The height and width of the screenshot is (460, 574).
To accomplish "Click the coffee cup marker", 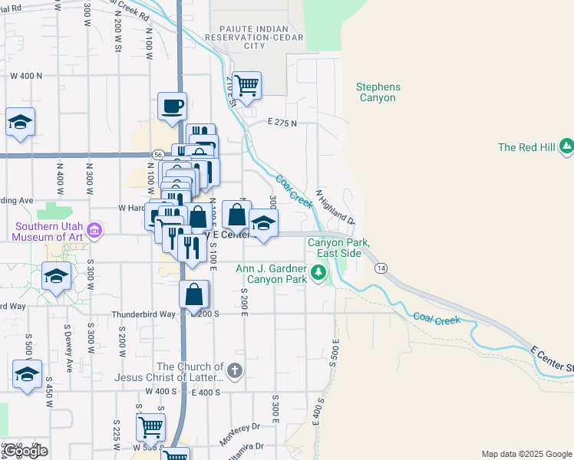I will (172, 105).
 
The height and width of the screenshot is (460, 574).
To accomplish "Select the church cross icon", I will (235, 372).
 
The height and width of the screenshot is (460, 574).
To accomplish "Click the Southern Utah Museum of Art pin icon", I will (94, 230).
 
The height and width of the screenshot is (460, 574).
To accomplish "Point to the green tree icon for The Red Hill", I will (566, 146).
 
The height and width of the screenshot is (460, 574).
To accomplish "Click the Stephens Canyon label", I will (376, 93).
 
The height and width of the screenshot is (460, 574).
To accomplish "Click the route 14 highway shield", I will (380, 268).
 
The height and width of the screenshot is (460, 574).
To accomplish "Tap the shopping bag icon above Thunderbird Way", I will (195, 293).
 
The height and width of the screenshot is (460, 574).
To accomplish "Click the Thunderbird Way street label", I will (143, 314).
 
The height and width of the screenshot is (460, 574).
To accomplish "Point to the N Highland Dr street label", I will (336, 207).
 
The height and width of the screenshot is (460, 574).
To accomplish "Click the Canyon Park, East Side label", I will (339, 248).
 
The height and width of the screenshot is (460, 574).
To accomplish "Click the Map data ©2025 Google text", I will (526, 454).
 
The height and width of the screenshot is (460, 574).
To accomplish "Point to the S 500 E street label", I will (335, 352).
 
